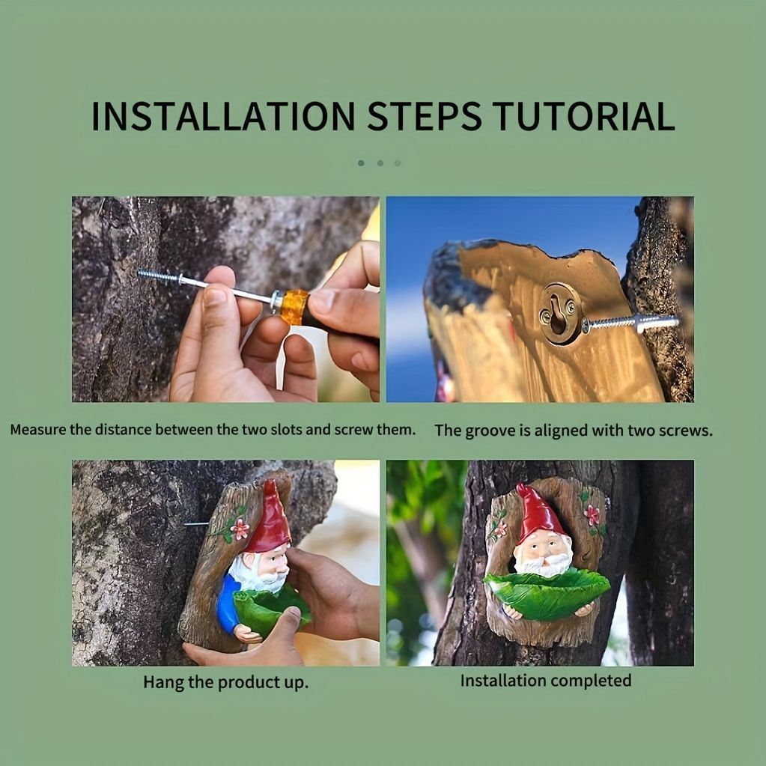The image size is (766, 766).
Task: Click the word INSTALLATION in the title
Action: click(x=223, y=116)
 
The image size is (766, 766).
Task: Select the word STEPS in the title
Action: click(x=424, y=116)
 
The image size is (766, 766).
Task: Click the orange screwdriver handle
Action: click(x=294, y=306)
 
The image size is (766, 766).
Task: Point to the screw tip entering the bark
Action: click(x=141, y=273)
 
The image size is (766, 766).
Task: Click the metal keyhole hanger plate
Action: click(x=560, y=313)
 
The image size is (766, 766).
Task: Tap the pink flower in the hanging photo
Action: click(x=240, y=529)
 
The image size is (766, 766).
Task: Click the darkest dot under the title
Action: click(x=361, y=163)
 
